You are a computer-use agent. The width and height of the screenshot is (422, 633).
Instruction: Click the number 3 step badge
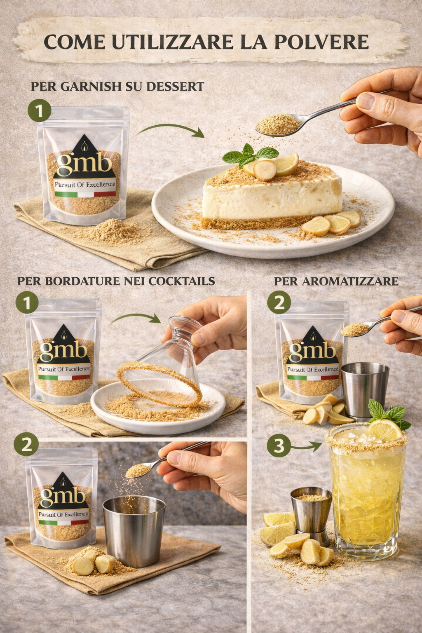click(279, 446)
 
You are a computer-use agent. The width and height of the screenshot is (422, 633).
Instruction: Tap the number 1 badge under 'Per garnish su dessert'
click(39, 111)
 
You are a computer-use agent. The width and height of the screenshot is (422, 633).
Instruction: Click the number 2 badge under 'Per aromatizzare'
click(279, 303)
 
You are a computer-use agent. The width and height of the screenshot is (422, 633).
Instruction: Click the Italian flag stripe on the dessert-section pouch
click(85, 194)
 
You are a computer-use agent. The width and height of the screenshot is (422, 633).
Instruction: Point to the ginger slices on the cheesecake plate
click(331, 223)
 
